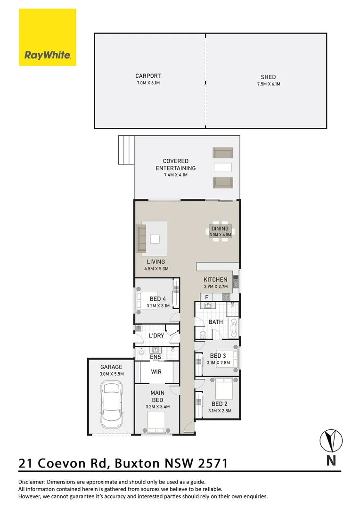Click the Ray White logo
point(47,37)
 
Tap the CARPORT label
point(148,76)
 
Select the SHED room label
point(268,77)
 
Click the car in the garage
point(112,403)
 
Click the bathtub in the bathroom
point(233,327)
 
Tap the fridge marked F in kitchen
point(206,297)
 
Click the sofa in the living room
point(141,238)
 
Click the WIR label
point(156,372)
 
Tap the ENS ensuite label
point(155,357)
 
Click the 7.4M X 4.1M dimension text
point(176,175)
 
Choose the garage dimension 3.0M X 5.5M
point(111,374)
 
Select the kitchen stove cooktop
point(226,297)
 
